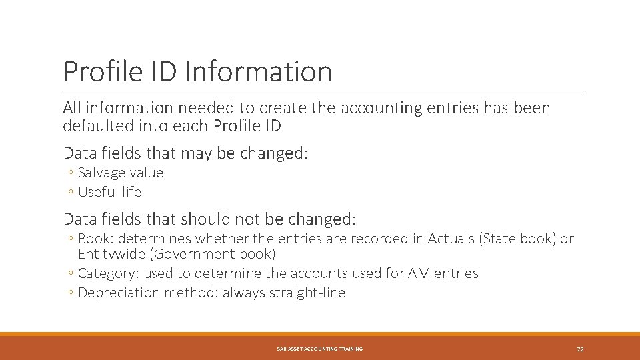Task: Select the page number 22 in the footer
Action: click(580, 349)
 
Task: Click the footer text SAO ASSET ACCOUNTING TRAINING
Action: click(319, 349)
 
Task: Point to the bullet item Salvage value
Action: click(120, 173)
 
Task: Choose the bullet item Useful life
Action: click(109, 192)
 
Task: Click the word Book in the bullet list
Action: click(94, 238)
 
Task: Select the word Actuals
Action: click(451, 238)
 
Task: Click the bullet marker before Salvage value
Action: click(70, 173)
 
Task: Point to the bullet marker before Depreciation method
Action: click(70, 293)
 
